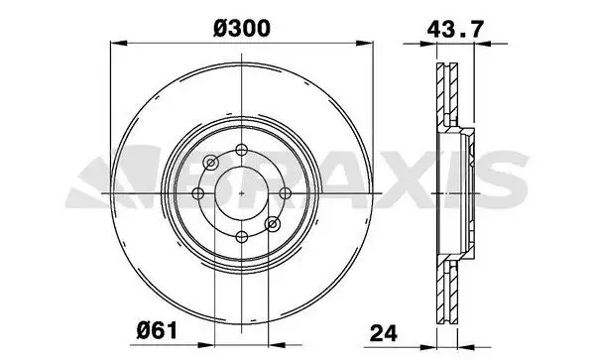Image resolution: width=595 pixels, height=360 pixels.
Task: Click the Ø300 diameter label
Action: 242,29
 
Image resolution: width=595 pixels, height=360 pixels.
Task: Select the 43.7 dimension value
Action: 456,29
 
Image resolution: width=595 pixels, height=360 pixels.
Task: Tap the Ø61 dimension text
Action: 157,330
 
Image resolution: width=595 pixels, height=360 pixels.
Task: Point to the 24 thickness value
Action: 383,333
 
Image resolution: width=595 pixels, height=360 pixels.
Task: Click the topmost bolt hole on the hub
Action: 242,150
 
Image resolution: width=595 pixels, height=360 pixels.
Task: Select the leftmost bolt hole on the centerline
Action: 198,193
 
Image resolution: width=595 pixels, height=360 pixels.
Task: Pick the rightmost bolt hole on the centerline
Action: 286,193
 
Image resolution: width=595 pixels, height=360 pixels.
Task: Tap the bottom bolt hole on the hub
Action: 242,237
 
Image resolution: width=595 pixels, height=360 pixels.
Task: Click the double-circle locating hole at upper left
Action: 211,163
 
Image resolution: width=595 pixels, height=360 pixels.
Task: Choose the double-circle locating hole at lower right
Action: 273,224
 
